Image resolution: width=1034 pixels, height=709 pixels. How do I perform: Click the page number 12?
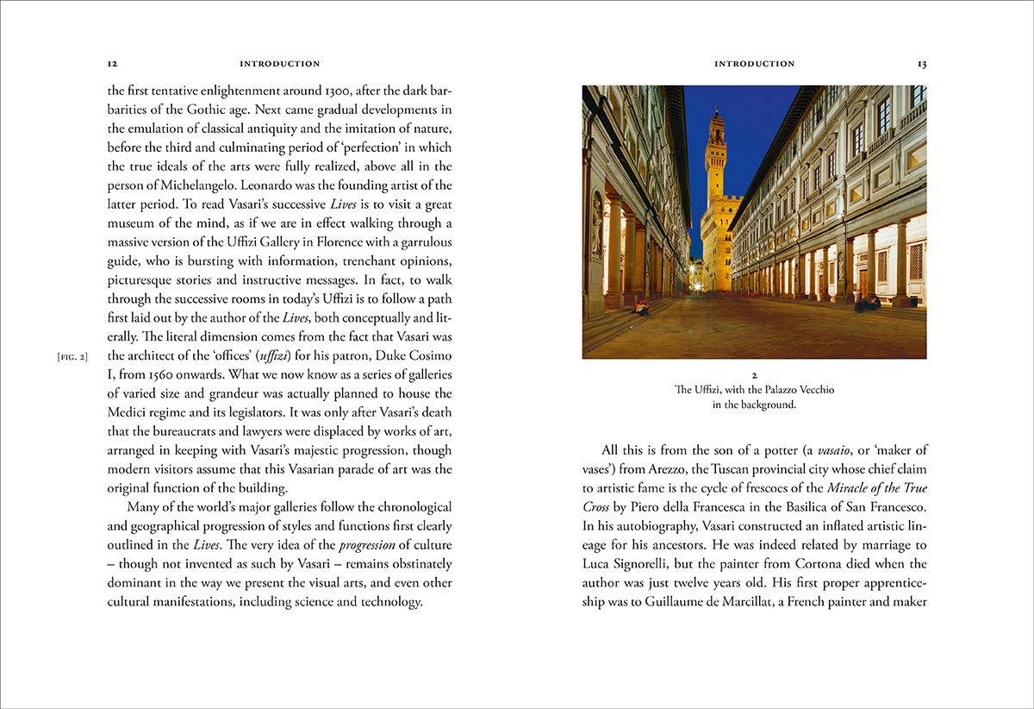112,64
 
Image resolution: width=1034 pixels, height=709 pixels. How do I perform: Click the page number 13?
922,64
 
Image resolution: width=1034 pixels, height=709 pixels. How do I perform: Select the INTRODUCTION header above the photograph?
754,64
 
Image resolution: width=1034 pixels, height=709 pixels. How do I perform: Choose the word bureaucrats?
195,432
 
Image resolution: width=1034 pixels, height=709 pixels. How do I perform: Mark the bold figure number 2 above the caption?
754,376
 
